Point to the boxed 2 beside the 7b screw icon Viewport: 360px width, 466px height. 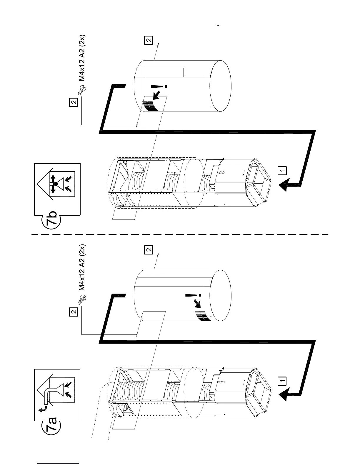(x=74, y=102)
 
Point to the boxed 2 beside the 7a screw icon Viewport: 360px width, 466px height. (x=74, y=312)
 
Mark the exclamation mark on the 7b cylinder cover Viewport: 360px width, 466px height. (x=159, y=86)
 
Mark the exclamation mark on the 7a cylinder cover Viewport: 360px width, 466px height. (x=193, y=295)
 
